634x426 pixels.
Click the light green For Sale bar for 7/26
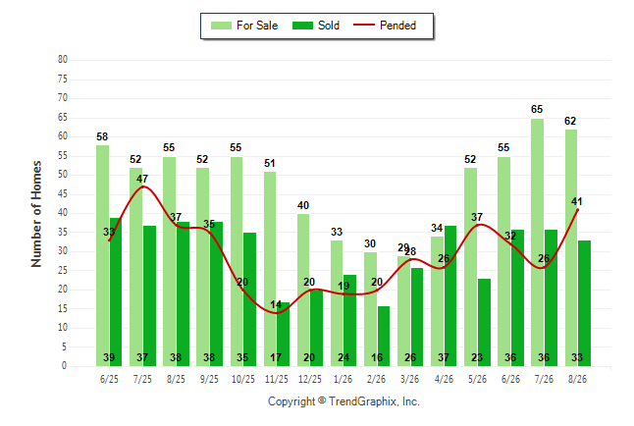pyautogui.click(x=538, y=242)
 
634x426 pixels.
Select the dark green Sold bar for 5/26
pyautogui.click(x=484, y=322)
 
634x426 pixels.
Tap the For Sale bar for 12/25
pyautogui.click(x=303, y=291)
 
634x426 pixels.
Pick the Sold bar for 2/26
pyautogui.click(x=384, y=337)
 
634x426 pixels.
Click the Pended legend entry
pyautogui.click(x=385, y=26)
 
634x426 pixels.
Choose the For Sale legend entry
pyautogui.click(x=244, y=26)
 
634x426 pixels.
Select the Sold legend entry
pyautogui.click(x=316, y=26)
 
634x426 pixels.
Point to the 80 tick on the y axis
pyautogui.click(x=63, y=60)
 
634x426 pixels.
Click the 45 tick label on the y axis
pyautogui.click(x=63, y=194)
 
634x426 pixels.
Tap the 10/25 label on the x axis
pyautogui.click(x=243, y=379)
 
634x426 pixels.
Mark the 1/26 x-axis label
pyautogui.click(x=343, y=379)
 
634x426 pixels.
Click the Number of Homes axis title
pyautogui.click(x=36, y=214)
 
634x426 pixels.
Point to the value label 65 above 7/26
pyautogui.click(x=537, y=109)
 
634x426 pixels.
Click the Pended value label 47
pyautogui.click(x=142, y=179)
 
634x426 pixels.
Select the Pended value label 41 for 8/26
pyautogui.click(x=576, y=201)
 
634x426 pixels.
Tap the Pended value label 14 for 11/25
pyautogui.click(x=276, y=304)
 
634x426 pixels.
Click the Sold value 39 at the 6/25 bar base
pyautogui.click(x=109, y=357)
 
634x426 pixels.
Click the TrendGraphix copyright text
pyautogui.click(x=343, y=401)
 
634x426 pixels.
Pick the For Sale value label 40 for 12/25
pyautogui.click(x=303, y=205)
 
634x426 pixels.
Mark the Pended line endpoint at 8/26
pyautogui.click(x=577, y=210)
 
